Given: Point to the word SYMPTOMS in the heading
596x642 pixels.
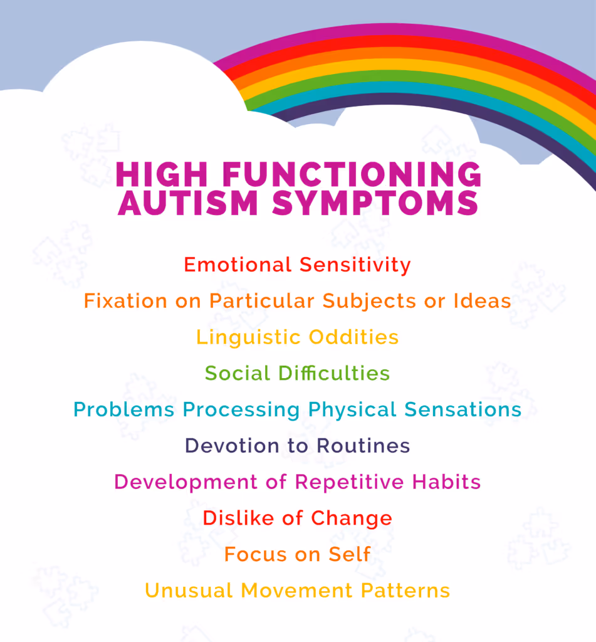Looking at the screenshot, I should (379, 204).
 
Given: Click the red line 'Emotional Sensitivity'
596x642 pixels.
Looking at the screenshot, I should (297, 265).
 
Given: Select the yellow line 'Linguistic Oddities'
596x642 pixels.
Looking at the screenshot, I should (297, 337).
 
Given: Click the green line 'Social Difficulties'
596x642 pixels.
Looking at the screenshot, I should (297, 374).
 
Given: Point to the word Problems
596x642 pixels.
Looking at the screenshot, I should (124, 410).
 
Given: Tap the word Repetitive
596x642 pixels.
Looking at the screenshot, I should (351, 482).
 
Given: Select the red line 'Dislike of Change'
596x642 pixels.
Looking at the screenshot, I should (297, 518).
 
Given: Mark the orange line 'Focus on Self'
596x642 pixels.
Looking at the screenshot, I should (297, 555).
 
